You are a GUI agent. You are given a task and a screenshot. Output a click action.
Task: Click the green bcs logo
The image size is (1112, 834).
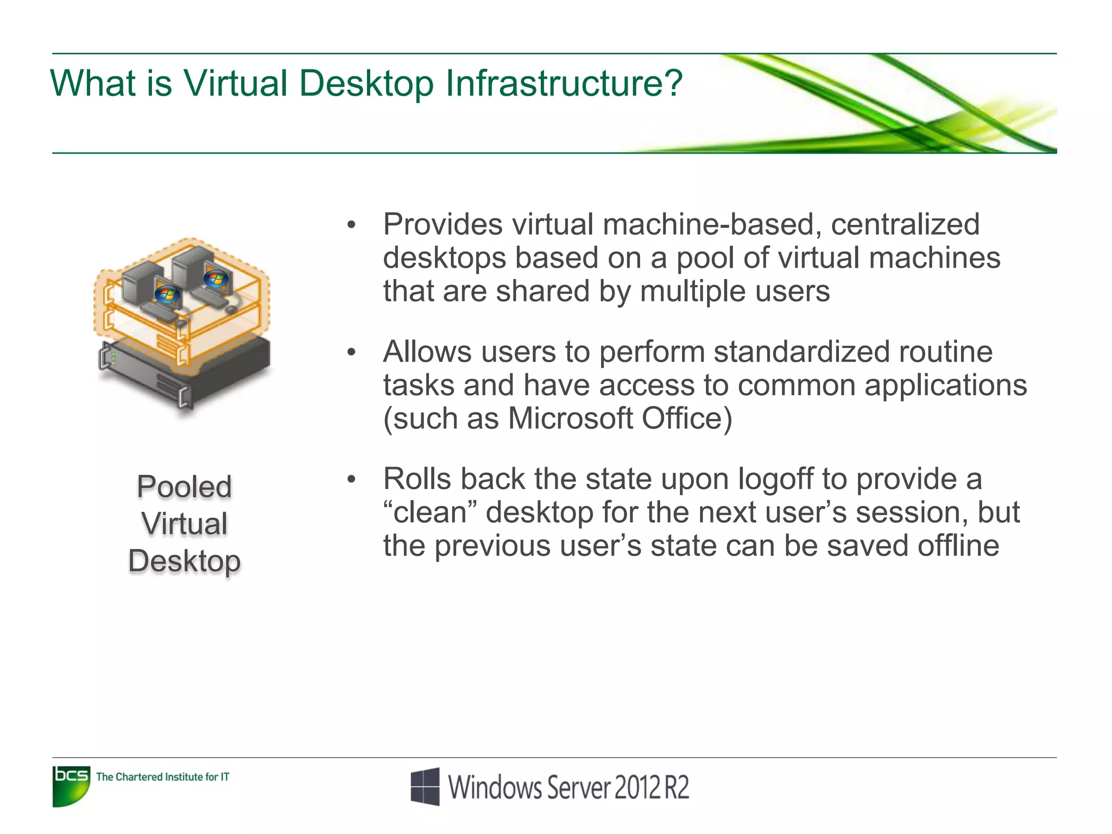click(71, 786)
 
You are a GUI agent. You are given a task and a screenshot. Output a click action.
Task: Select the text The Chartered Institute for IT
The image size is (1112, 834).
click(162, 777)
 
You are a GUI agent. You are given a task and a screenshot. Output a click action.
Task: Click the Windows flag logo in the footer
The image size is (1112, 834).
click(425, 786)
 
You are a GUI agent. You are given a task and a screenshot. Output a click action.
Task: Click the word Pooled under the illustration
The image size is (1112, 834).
click(184, 486)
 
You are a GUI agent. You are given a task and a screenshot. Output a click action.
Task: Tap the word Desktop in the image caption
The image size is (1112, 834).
click(184, 561)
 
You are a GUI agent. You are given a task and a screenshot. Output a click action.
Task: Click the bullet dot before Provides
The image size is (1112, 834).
click(351, 225)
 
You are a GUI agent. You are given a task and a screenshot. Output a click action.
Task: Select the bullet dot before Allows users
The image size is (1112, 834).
click(351, 352)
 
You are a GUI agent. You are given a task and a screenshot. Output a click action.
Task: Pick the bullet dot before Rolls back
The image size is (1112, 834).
click(351, 479)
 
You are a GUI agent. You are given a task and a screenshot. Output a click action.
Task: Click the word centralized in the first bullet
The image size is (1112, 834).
click(905, 224)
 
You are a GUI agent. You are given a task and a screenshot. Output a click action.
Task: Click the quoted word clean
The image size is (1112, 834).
click(429, 513)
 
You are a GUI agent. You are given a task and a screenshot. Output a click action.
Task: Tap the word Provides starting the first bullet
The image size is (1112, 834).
click(443, 224)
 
